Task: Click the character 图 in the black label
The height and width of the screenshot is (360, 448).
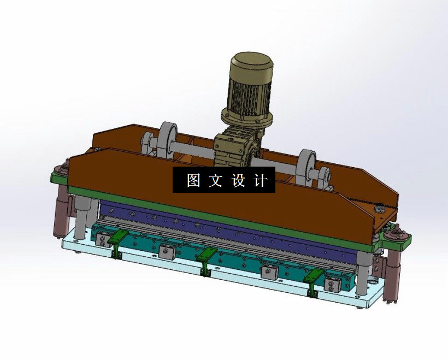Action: [x=193, y=180]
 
